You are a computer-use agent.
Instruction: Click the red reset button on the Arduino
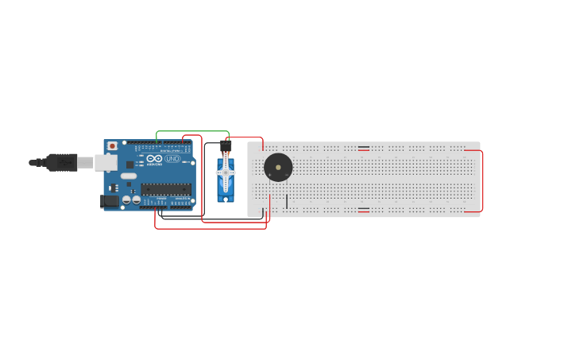point(112,146)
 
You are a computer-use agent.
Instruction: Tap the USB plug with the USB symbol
point(61,162)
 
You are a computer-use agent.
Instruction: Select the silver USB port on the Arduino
point(106,163)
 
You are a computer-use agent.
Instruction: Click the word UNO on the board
point(172,159)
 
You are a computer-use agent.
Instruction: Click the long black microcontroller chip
point(166,189)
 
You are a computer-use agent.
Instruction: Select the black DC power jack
point(110,201)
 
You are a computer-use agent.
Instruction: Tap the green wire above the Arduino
point(193,132)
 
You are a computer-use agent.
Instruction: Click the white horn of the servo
point(226,172)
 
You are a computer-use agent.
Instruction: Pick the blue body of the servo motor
point(226,189)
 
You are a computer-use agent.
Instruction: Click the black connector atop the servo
point(226,145)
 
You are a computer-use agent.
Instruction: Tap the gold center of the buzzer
point(278,168)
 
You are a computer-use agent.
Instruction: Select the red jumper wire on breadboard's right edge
point(482,180)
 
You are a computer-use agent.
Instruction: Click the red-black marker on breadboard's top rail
point(363,148)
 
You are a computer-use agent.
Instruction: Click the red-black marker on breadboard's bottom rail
point(363,210)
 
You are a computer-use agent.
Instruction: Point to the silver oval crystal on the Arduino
point(129,176)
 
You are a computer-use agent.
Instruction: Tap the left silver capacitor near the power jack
point(126,199)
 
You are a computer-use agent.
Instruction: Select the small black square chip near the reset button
point(130,165)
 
